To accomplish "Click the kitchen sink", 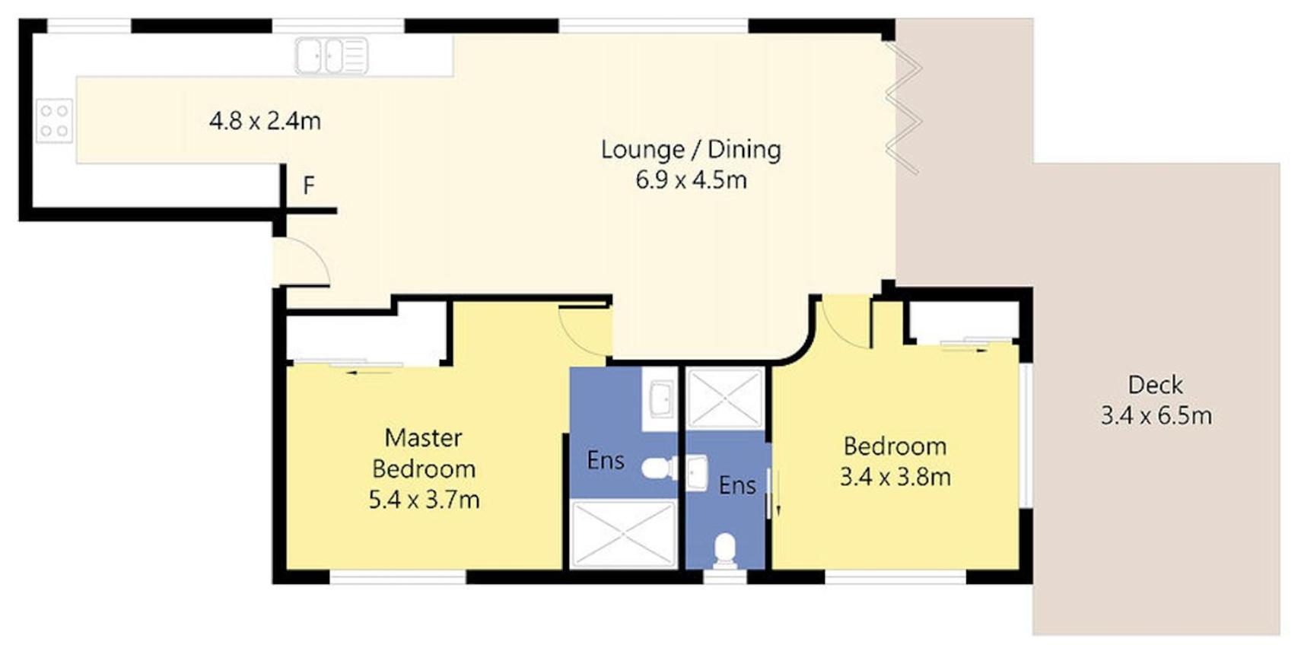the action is [x=332, y=56].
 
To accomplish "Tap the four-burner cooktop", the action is [x=55, y=121].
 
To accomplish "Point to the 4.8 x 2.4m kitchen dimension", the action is [x=265, y=121].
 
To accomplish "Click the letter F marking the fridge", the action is [x=309, y=186].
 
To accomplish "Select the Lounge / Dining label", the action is [x=691, y=150].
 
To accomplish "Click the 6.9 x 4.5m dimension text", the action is [x=691, y=180].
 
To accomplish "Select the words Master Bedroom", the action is [x=424, y=453].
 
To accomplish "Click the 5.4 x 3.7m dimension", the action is [x=424, y=500].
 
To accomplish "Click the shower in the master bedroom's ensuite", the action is [x=623, y=534].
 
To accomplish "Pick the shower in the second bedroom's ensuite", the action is [x=726, y=399].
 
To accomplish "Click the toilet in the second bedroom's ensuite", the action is [x=725, y=551].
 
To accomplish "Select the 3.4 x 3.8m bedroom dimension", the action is [x=895, y=478].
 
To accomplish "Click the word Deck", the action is [x=1155, y=385].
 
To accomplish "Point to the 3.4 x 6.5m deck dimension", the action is [x=1156, y=416].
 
